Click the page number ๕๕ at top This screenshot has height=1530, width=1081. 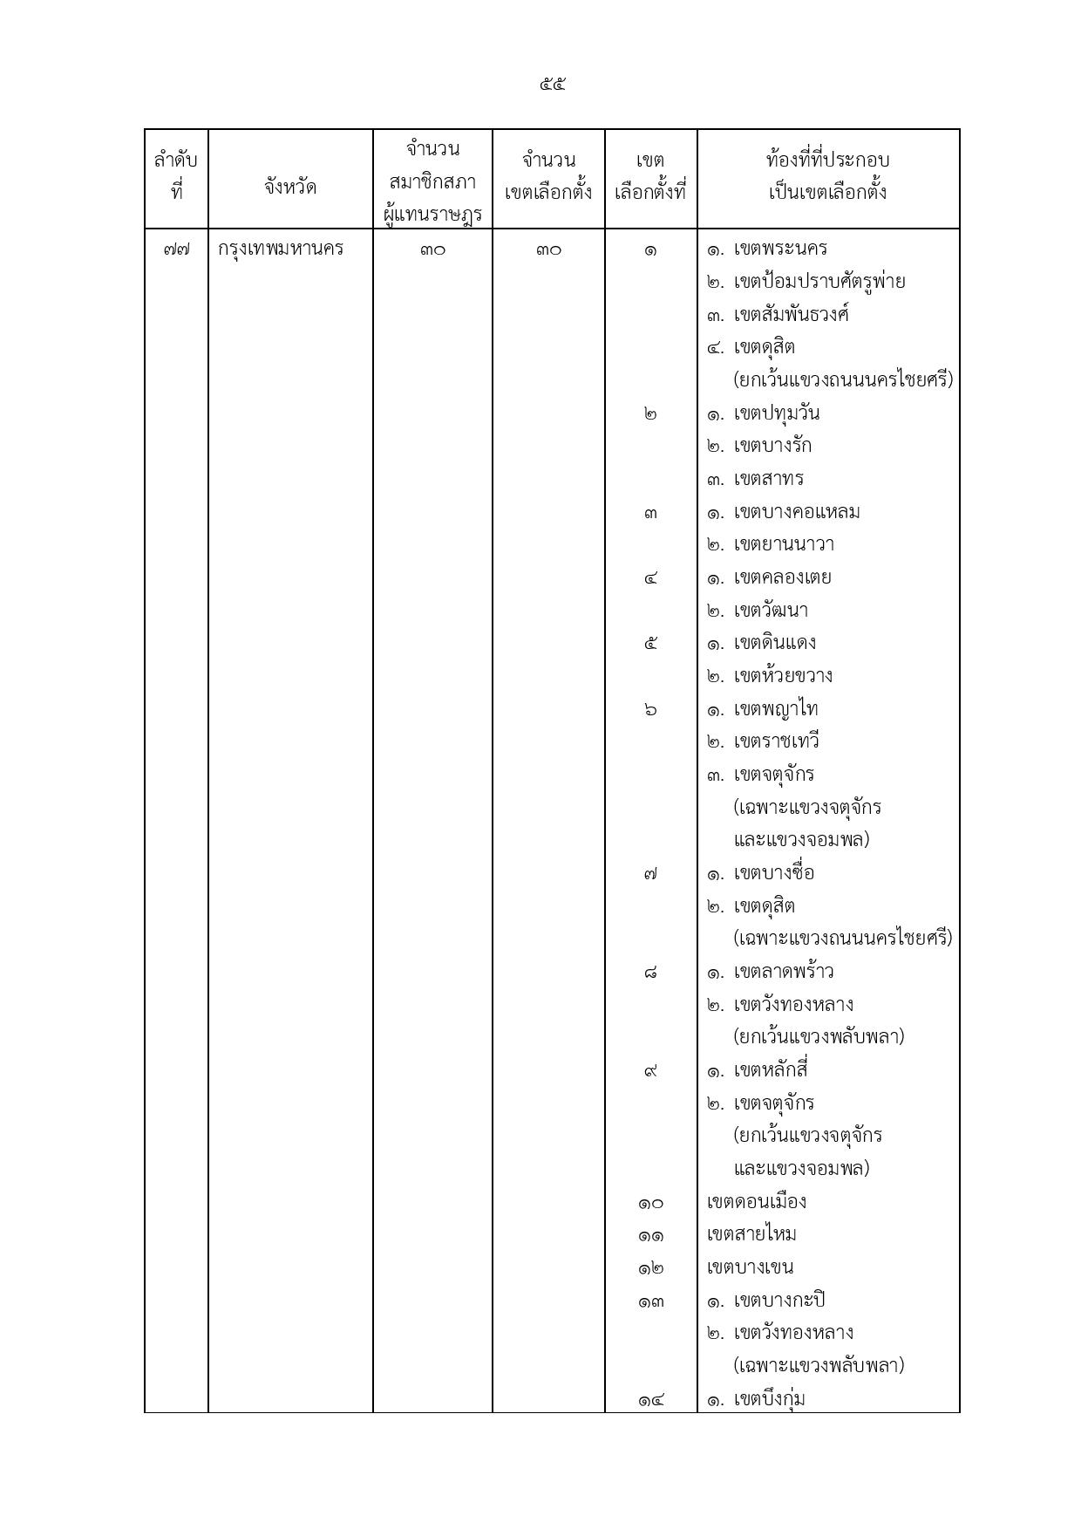(553, 85)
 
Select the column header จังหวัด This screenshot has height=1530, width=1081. (290, 187)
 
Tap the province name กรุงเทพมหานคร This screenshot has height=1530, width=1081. (281, 249)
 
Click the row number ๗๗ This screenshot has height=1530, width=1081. (176, 250)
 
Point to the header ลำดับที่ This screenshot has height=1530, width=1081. (176, 174)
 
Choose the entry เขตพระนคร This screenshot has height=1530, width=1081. (780, 249)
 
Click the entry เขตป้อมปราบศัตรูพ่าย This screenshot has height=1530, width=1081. (819, 282)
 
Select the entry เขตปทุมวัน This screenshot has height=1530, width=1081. (776, 413)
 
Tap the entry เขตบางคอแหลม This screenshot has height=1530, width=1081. (796, 512)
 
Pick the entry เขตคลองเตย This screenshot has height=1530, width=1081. (782, 577)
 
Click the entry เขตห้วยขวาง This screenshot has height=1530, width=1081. (782, 676)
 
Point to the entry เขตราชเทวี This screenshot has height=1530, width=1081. (776, 742)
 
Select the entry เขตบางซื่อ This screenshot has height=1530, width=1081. (773, 873)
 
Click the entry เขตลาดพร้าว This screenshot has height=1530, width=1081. (783, 972)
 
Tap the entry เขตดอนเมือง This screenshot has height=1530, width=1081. (757, 1202)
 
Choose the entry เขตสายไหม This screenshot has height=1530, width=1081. (751, 1235)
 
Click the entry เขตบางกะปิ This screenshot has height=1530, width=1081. (778, 1301)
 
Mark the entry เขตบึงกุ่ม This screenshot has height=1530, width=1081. (769, 1400)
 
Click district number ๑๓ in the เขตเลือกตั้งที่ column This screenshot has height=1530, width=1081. (650, 1302)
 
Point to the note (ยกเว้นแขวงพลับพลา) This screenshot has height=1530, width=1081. (819, 1037)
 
